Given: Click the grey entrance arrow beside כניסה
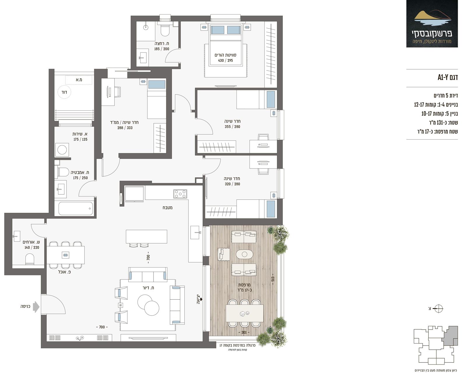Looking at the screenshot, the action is click(36, 307).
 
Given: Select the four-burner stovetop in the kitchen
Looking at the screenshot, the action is click(180, 194).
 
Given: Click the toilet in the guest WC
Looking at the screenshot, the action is click(30, 259).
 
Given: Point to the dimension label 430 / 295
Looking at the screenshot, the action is click(225, 61).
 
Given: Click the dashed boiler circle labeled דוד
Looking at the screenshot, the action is click(64, 92).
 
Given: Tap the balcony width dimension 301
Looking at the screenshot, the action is click(244, 332).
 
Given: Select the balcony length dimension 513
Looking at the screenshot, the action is click(273, 279).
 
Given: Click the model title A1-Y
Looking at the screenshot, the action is click(448, 77).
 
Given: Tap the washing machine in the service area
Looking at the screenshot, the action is click(62, 150).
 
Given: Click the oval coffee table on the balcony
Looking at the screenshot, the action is click(244, 254).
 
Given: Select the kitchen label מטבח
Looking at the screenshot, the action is click(167, 207).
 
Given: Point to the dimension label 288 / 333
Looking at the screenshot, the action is click(125, 128).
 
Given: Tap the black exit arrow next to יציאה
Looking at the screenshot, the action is click(201, 299).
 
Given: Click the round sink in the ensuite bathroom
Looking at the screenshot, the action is click(146, 27).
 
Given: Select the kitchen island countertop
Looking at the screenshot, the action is click(147, 237).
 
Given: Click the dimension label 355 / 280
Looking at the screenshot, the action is click(232, 127).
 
